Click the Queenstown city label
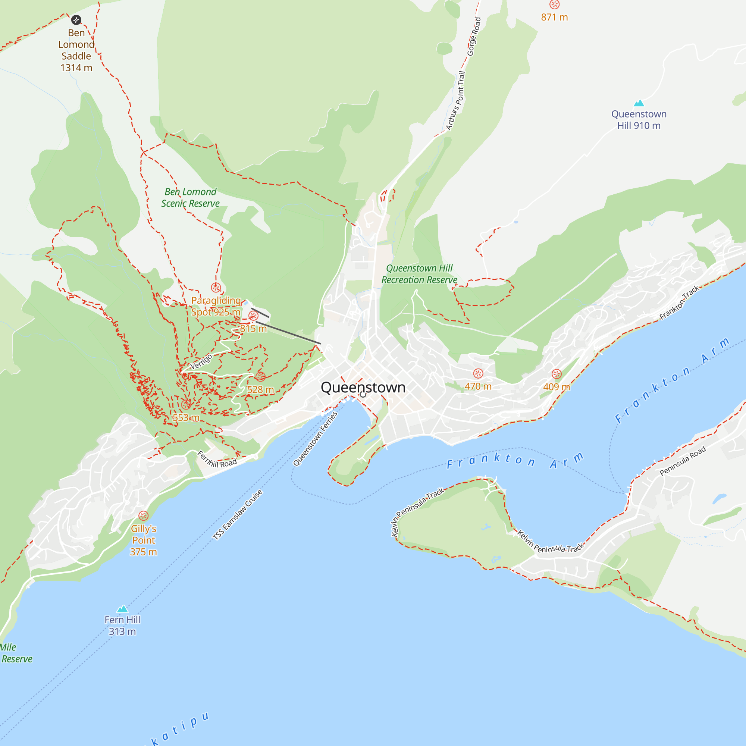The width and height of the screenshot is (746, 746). [363, 387]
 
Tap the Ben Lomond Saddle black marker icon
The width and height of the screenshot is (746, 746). [76, 20]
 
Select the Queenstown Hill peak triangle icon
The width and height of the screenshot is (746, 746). [639, 103]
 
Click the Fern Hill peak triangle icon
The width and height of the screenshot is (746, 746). [122, 609]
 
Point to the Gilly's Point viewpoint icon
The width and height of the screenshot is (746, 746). [143, 516]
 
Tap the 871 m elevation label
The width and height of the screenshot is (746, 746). [554, 18]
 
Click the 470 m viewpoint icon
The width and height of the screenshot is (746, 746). [478, 373]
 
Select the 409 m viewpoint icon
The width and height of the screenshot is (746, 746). [557, 374]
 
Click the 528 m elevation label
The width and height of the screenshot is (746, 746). [260, 390]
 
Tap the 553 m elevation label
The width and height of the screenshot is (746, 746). [186, 418]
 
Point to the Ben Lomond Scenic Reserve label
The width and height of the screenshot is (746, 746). [190, 198]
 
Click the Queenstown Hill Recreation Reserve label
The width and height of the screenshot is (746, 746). [419, 274]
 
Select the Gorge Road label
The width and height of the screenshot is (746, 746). [474, 37]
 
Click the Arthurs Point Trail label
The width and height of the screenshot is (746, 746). [456, 101]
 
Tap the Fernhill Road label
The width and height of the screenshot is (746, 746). [217, 460]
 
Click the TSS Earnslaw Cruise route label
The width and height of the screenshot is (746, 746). [238, 515]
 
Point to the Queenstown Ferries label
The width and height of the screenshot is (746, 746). [315, 439]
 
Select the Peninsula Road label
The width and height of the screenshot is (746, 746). [682, 461]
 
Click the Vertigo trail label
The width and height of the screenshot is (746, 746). [201, 362]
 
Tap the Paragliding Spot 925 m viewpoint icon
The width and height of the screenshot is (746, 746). [216, 288]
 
